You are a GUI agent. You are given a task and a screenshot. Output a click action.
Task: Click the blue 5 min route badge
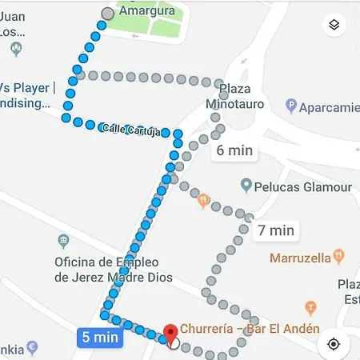click(100, 337)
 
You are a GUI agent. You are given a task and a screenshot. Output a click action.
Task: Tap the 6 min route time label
click(233, 150)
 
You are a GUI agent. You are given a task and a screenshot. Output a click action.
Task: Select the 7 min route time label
click(276, 230)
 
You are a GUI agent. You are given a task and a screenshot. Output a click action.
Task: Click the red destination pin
click(170, 334)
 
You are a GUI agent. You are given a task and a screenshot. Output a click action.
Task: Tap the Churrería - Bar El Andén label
click(250, 329)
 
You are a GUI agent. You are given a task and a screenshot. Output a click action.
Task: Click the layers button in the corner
click(334, 25)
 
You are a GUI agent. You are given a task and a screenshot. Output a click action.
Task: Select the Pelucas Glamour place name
click(303, 186)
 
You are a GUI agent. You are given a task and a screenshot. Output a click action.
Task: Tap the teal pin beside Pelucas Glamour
click(246, 186)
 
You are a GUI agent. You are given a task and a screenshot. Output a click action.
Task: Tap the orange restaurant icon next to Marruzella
click(339, 256)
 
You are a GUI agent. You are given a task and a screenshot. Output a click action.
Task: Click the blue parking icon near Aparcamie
click(292, 106)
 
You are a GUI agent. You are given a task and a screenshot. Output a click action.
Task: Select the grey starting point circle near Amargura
click(108, 13)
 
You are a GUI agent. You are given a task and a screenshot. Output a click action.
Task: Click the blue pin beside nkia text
click(32, 347)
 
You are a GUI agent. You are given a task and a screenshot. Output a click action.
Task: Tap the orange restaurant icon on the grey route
click(203, 199)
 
